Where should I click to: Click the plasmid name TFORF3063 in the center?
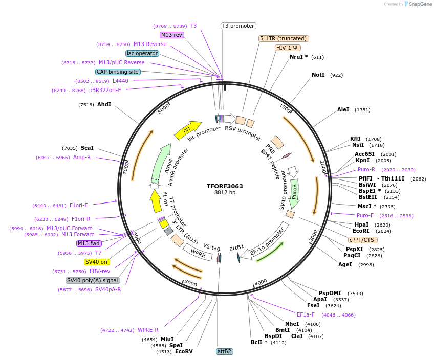[225, 186]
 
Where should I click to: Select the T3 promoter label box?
[238, 26]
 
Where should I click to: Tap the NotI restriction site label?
[318, 75]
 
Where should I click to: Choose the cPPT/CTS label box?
[363, 240]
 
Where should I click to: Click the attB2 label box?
[225, 351]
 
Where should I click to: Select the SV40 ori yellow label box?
[97, 262]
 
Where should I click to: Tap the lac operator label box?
[142, 53]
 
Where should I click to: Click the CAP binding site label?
[118, 72]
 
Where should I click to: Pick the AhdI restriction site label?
[104, 104]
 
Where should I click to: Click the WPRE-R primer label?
[148, 330]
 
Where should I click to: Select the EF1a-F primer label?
[306, 314]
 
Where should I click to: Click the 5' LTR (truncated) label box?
[284, 38]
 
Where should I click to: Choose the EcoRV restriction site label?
[184, 351]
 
